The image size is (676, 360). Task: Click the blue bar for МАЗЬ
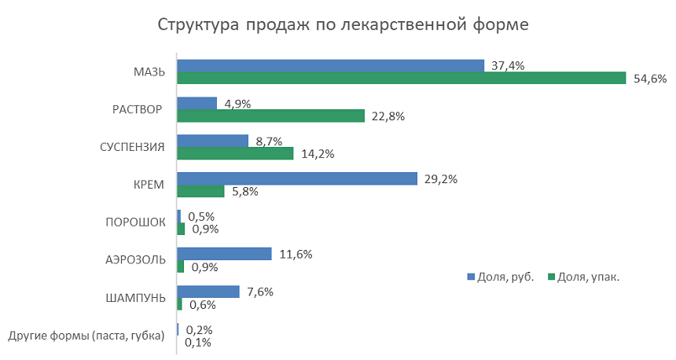point(330,65)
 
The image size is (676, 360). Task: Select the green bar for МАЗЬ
point(401,78)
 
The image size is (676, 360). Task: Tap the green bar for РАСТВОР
point(271,116)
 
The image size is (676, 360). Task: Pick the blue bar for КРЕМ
point(297,178)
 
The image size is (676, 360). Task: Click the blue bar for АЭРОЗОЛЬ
point(224,254)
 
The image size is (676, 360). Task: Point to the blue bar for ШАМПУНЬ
point(208,292)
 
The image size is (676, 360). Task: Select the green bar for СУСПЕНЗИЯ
point(235,153)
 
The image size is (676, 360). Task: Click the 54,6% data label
point(650,79)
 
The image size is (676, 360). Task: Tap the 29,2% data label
point(440,179)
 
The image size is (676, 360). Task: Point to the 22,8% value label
point(388,116)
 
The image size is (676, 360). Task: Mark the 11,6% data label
point(296,255)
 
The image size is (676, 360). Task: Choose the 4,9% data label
point(237,104)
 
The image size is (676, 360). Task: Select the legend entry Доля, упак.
point(589,277)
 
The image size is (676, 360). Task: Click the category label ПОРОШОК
point(135,222)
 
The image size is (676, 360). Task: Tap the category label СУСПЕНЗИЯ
point(132,147)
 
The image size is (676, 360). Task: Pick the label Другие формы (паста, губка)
point(86,336)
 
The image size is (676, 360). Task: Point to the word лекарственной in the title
point(400,24)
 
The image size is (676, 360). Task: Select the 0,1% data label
point(198,343)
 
